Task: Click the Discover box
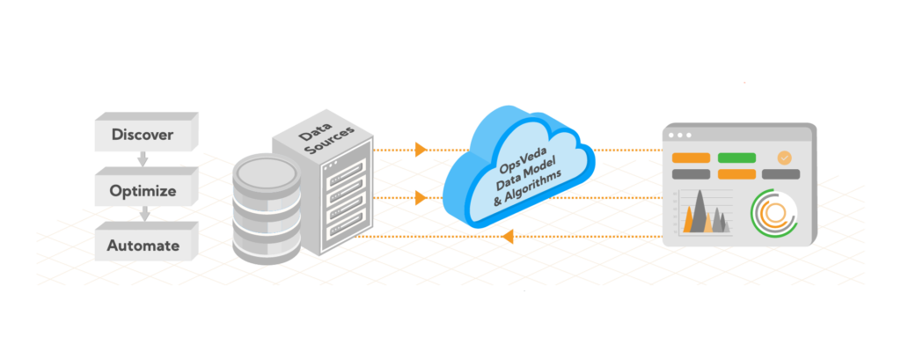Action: tap(143, 135)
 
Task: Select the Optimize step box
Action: tap(143, 190)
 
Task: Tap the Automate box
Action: tap(143, 246)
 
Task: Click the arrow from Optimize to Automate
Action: tap(143, 215)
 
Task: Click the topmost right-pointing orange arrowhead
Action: tap(421, 149)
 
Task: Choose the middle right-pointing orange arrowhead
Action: tap(421, 198)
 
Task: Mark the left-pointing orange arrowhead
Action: tap(508, 236)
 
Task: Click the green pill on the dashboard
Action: tap(736, 158)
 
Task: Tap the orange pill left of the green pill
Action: tap(691, 158)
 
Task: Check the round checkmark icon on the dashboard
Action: tap(784, 158)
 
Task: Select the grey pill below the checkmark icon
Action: tap(780, 174)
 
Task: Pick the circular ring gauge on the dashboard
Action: tap(773, 214)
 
